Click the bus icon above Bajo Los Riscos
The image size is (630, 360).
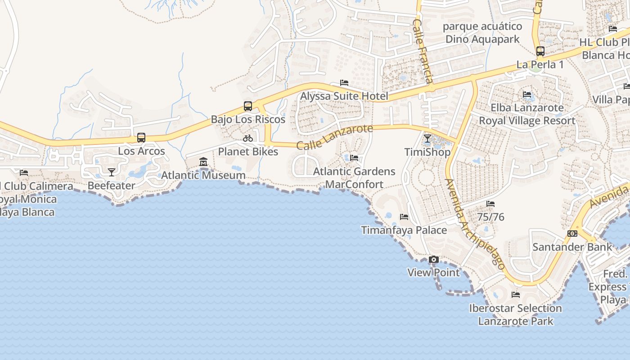click(x=248, y=106)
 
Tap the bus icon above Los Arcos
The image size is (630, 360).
click(x=141, y=138)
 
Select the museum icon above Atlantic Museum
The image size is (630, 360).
click(x=203, y=162)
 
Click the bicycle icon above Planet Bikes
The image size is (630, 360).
click(x=248, y=138)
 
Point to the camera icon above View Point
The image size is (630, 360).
click(x=434, y=260)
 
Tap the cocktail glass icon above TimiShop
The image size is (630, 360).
click(x=427, y=139)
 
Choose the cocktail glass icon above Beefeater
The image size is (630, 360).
click(x=111, y=172)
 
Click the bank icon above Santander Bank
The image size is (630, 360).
click(x=572, y=234)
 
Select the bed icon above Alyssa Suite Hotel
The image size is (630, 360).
click(x=344, y=83)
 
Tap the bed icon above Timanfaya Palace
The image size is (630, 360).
click(x=404, y=217)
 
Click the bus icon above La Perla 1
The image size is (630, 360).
click(x=540, y=51)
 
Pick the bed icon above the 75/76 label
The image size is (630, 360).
click(x=490, y=204)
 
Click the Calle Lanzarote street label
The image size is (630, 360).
click(x=335, y=137)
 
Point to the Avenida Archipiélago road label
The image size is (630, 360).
click(x=475, y=224)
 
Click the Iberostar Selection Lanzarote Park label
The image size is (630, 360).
click(x=516, y=315)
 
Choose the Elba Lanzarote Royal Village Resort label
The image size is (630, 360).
click(x=527, y=114)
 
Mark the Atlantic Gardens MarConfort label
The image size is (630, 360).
click(x=354, y=178)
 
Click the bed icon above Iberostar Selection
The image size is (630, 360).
click(x=516, y=295)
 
